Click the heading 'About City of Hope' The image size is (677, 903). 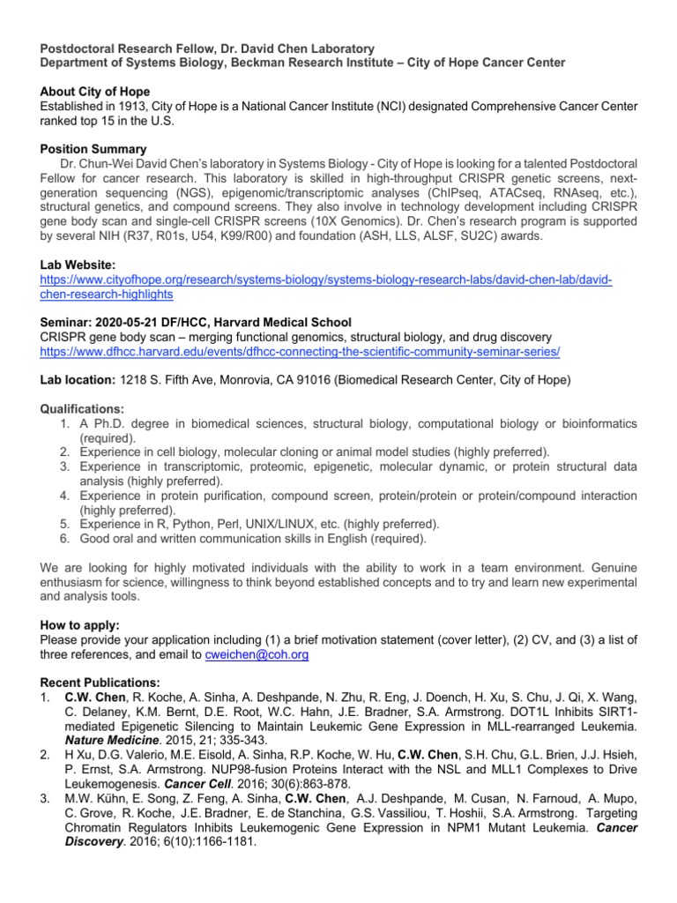(x=95, y=92)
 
